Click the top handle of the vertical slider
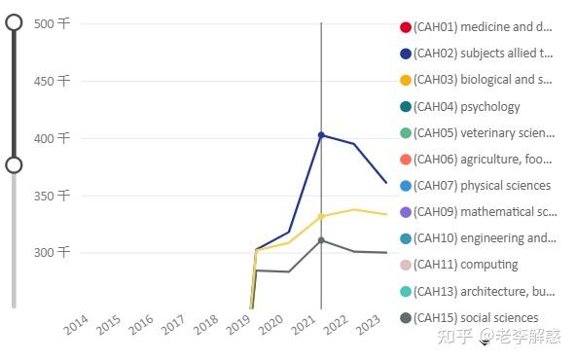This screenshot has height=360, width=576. tap(14, 22)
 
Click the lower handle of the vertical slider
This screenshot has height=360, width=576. tap(14, 165)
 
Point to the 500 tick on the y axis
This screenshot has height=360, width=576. tap(52, 24)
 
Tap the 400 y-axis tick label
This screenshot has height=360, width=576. tap(52, 138)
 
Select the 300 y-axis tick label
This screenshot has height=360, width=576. tap(52, 253)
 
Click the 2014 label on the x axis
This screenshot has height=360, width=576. tap(76, 325)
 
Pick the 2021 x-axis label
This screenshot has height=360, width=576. tap(304, 325)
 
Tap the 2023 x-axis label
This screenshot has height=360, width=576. tap(369, 325)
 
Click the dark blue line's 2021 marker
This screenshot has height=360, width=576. tap(321, 135)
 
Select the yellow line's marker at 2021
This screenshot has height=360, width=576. tap(321, 217)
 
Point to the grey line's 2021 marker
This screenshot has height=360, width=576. tap(321, 240)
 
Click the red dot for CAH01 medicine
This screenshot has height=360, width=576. tap(406, 27)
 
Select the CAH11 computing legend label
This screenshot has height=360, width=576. tap(466, 265)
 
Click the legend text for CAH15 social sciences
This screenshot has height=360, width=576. tap(476, 318)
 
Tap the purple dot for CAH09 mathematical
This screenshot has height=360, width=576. tap(406, 212)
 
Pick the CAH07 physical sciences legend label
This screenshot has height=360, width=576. tap(482, 186)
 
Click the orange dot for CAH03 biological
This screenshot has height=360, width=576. tap(406, 80)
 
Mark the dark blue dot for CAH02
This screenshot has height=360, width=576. tap(406, 54)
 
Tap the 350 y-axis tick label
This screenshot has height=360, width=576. tap(52, 196)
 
